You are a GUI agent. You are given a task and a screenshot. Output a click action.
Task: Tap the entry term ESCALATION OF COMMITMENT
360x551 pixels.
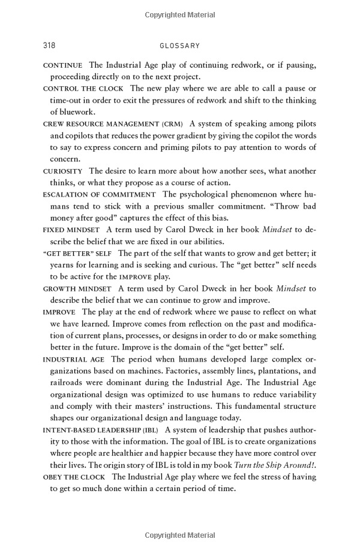[x=100, y=194]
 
